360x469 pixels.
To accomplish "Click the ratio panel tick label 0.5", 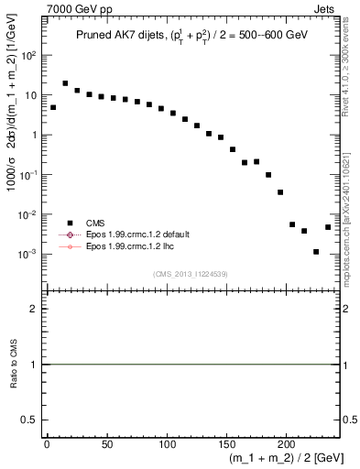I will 30,420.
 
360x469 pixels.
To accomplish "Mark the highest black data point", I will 65,83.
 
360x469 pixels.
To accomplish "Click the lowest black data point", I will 316,251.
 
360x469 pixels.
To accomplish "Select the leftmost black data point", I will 53,107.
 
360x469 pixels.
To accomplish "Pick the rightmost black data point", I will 328,226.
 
